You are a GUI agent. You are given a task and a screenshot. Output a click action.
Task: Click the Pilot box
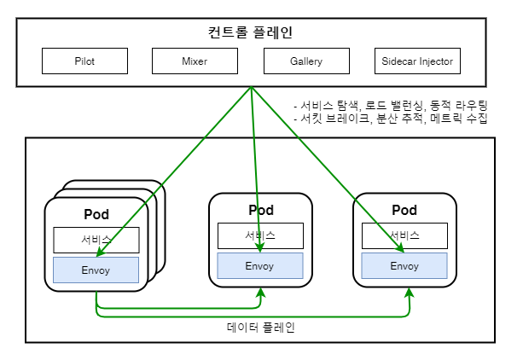click(84, 61)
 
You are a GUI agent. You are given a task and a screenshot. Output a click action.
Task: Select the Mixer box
click(195, 61)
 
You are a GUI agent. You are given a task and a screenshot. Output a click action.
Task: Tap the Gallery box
click(306, 61)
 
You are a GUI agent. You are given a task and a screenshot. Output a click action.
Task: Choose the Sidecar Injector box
click(417, 61)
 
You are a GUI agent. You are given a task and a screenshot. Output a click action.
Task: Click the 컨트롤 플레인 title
click(251, 32)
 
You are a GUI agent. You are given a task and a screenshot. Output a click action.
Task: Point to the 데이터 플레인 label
click(260, 328)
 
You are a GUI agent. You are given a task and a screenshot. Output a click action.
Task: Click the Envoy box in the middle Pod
click(260, 265)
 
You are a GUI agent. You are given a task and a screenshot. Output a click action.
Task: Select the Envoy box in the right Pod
click(404, 265)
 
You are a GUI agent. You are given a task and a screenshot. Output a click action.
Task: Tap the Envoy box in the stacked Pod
click(96, 270)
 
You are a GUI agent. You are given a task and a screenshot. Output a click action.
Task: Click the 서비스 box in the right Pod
click(404, 236)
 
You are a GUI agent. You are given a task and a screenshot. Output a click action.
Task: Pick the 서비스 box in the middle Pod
click(260, 236)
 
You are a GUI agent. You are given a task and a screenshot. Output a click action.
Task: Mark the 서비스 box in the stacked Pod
click(96, 241)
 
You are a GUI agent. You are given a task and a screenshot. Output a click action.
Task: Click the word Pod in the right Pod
click(404, 210)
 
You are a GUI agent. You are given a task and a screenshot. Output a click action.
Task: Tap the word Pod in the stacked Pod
click(96, 214)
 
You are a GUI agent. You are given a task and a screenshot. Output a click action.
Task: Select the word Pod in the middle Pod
click(261, 210)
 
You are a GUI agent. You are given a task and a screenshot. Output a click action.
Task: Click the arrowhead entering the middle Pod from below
click(261, 293)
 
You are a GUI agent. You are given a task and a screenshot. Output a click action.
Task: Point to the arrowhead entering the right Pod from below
click(410, 293)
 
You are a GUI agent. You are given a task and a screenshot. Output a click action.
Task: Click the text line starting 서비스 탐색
click(391, 106)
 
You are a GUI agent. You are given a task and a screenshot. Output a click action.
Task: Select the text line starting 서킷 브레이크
click(391, 118)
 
